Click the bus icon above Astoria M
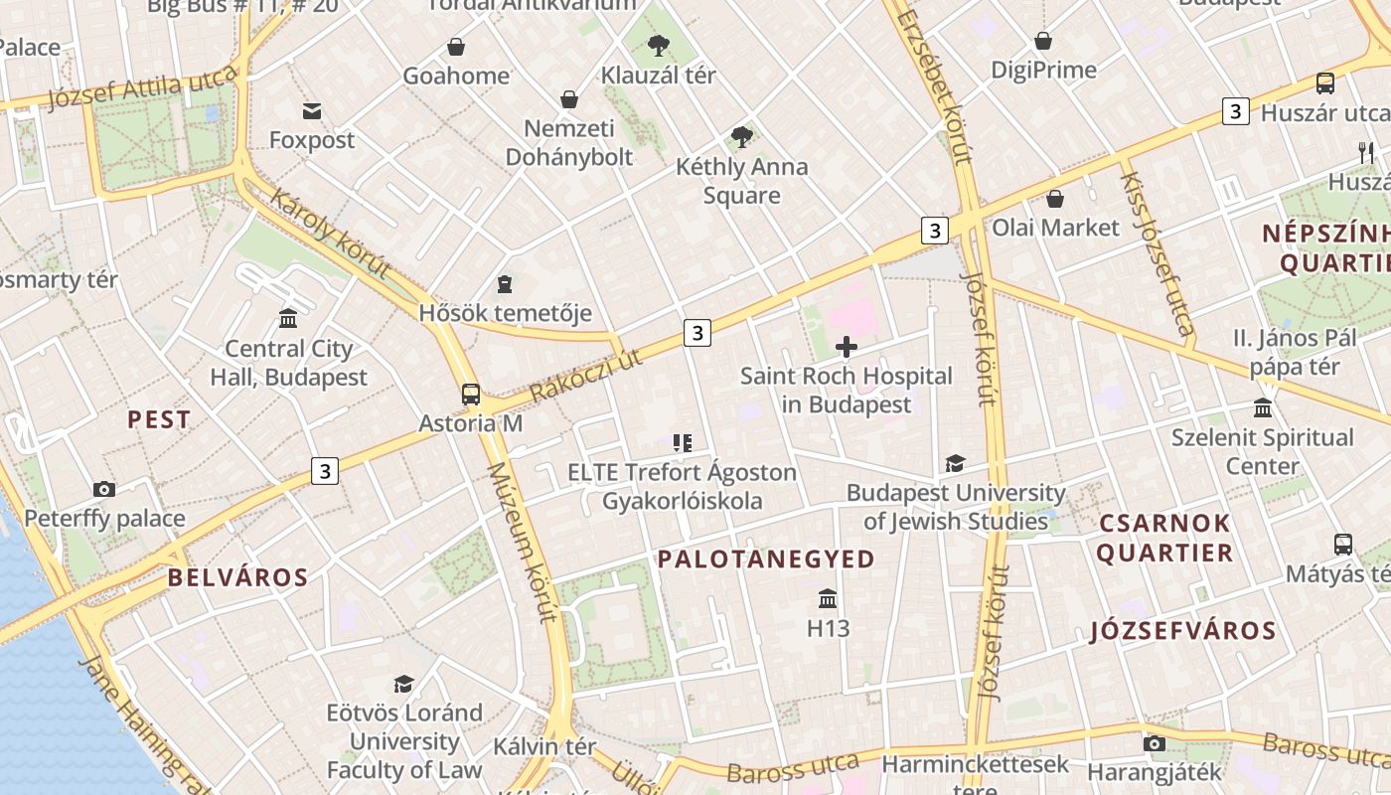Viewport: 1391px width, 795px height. pyautogui.click(x=471, y=395)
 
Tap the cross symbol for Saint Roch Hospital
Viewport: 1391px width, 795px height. pyautogui.click(x=847, y=347)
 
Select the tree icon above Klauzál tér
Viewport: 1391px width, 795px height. pyautogui.click(x=658, y=45)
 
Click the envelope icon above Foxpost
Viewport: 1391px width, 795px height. pyautogui.click(x=312, y=110)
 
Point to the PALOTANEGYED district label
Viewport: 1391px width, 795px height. pyautogui.click(x=766, y=559)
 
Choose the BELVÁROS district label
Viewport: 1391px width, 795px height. pyautogui.click(x=237, y=577)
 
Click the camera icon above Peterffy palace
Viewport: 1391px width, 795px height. pyautogui.click(x=104, y=489)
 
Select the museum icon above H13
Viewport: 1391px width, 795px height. pyautogui.click(x=828, y=598)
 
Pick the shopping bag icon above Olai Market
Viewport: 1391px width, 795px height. pyautogui.click(x=1055, y=199)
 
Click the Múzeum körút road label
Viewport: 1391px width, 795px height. pyautogui.click(x=521, y=542)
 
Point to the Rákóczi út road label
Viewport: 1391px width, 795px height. pyautogui.click(x=585, y=376)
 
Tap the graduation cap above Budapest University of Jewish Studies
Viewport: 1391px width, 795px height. pyautogui.click(x=955, y=463)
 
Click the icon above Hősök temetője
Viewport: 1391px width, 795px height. pyautogui.click(x=505, y=284)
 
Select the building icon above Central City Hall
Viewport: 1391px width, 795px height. pyautogui.click(x=288, y=318)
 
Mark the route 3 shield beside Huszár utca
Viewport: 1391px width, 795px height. pyautogui.click(x=1235, y=111)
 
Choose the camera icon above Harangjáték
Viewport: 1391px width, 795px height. pyautogui.click(x=1154, y=743)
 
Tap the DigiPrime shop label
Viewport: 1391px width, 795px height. pyautogui.click(x=1043, y=70)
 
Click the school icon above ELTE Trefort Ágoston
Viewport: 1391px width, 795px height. pyautogui.click(x=682, y=443)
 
